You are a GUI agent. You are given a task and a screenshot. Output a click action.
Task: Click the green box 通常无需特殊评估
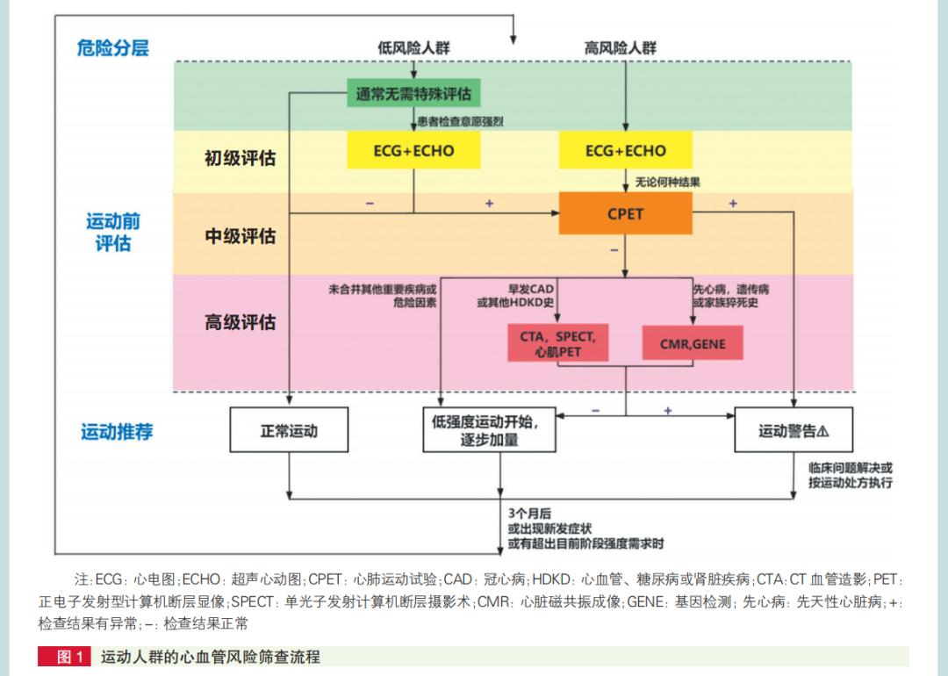click(413, 93)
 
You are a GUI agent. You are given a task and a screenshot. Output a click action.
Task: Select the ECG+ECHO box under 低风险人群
click(413, 150)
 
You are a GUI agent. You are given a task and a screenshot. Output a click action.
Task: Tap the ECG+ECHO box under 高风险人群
click(625, 150)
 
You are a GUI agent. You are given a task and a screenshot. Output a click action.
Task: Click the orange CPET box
click(625, 213)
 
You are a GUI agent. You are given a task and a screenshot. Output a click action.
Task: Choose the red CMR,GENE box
click(693, 343)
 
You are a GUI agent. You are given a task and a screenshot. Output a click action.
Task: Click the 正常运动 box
click(289, 431)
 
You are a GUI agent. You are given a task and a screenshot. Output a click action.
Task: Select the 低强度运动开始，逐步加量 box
click(489, 430)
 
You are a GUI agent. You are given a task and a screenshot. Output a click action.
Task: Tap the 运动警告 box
click(794, 431)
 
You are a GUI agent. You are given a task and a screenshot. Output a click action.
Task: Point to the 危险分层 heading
click(112, 47)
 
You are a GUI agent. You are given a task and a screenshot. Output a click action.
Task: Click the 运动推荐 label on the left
click(117, 432)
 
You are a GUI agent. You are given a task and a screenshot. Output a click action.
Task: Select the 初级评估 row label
click(240, 158)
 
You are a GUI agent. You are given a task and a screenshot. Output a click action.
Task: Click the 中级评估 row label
click(240, 236)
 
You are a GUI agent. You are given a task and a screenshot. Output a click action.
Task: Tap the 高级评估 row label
click(240, 322)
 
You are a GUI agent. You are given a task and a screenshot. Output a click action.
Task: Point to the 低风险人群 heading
click(413, 48)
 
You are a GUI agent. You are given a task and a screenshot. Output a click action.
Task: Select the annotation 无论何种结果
click(667, 183)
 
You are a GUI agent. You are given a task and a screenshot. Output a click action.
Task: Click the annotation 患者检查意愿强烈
click(460, 121)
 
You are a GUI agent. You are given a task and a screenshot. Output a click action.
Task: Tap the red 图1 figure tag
click(63, 657)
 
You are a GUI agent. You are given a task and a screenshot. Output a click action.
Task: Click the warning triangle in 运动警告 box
click(822, 431)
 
